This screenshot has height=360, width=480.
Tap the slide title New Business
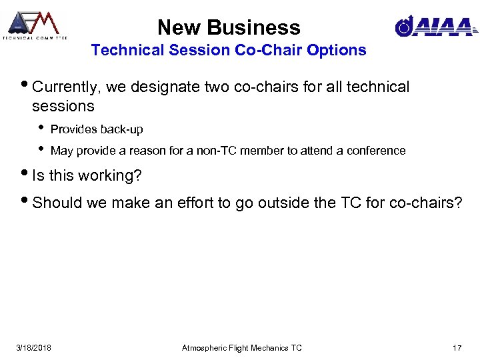click(229, 27)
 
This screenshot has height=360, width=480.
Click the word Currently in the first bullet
click(63, 87)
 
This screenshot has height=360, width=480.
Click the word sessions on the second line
click(63, 106)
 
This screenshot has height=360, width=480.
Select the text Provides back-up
click(97, 129)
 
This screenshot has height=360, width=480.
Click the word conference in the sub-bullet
click(377, 151)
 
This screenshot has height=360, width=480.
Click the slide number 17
click(457, 347)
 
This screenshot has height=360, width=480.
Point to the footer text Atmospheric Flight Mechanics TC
click(242, 347)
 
